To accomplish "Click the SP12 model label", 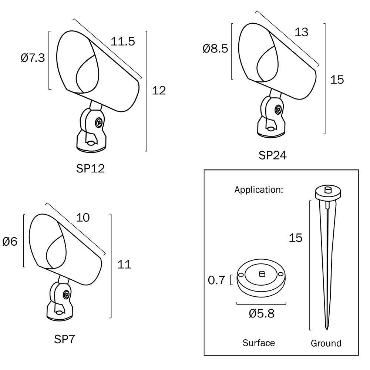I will click(90, 169).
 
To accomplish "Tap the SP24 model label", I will click(273, 155).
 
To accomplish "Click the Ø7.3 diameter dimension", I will click(33, 58).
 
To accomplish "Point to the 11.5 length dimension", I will click(123, 41).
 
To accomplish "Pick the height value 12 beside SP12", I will click(159, 90).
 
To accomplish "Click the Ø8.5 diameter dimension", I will click(215, 48).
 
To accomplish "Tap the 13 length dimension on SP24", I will click(302, 32).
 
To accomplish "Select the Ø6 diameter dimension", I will click(10, 242).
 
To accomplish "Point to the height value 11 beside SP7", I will click(124, 265).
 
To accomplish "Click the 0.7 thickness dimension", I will click(216, 280).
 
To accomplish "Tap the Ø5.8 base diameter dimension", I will click(262, 314).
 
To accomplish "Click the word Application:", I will click(259, 190).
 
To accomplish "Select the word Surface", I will click(259, 343).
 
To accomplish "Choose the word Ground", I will click(326, 343).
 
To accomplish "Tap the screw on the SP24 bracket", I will click(278, 109).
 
